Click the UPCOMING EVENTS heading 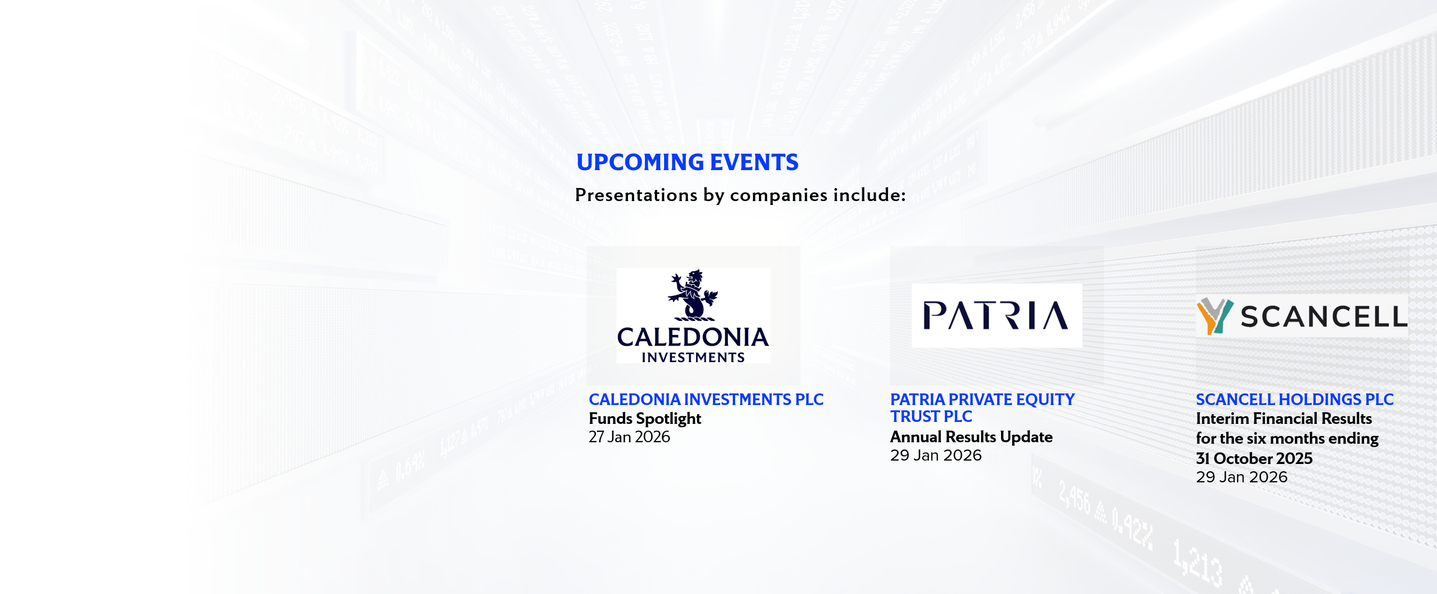(687, 162)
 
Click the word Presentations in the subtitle (636, 195)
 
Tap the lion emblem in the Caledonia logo (693, 295)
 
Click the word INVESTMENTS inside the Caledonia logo (693, 358)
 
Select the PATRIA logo (996, 316)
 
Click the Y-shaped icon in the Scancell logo (1215, 316)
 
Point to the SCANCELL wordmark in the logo (1323, 317)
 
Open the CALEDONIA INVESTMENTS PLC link (706, 399)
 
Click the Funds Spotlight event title (645, 418)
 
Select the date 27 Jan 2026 (629, 437)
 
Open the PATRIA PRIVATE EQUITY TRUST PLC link (982, 408)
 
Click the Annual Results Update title (971, 437)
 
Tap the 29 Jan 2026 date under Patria (935, 455)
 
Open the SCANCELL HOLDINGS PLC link (1294, 399)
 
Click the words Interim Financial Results (1284, 418)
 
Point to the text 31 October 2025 (1254, 459)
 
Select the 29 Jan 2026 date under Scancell (1241, 477)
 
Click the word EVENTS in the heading (754, 162)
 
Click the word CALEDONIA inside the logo (693, 337)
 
